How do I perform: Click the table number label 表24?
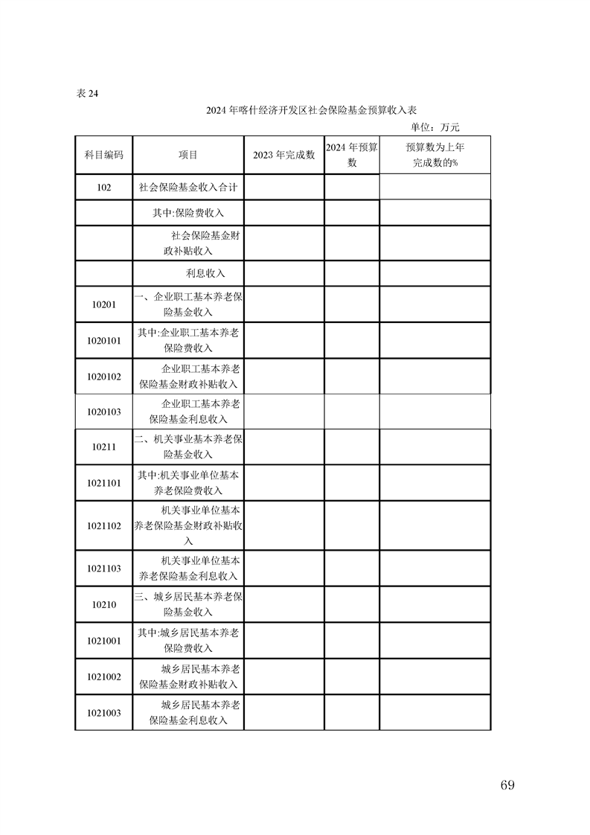pos(87,94)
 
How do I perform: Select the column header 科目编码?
pos(103,155)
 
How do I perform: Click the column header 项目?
pos(188,155)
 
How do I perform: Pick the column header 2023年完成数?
pos(284,155)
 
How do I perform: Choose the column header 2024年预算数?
pos(352,155)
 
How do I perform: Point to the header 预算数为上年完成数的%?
pos(435,155)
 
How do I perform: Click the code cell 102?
pos(103,188)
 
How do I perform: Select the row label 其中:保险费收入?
pos(188,213)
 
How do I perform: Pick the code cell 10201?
pos(103,305)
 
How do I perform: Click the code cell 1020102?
pos(103,377)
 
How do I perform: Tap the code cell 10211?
pos(103,447)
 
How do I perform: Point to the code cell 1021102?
pos(103,525)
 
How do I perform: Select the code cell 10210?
pos(103,604)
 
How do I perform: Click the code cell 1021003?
pos(103,712)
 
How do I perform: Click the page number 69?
pos(508,785)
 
